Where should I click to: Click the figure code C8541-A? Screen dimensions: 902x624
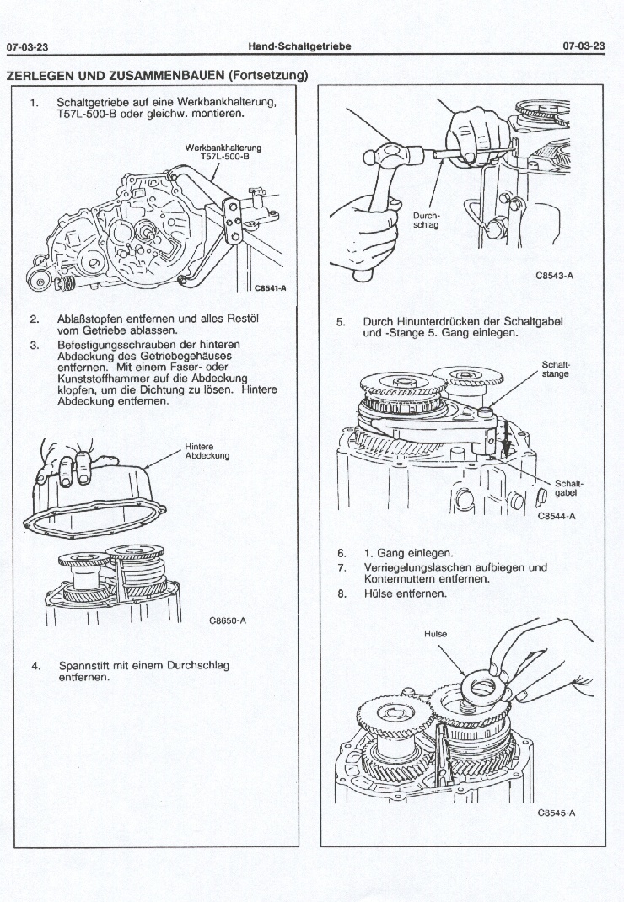271,288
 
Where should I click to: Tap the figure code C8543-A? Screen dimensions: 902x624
554,275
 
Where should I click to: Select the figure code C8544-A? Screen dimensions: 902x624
555,517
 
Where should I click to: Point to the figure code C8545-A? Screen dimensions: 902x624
555,813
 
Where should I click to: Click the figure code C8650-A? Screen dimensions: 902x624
227,621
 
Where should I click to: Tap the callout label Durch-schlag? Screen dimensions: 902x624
425,220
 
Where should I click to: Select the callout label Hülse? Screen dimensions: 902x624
437,633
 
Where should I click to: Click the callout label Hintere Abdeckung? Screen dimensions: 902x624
207,452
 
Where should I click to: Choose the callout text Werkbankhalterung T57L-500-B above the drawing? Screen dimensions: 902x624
217,152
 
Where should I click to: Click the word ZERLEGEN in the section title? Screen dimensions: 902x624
41,75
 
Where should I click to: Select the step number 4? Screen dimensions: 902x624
35,666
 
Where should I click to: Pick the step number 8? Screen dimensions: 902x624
341,593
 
